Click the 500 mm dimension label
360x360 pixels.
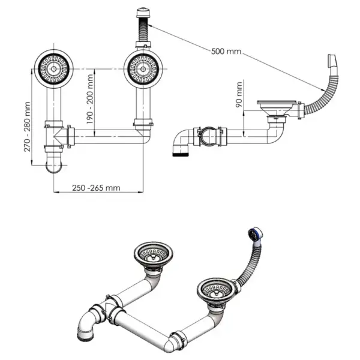coord(226,51)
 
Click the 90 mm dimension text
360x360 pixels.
coord(240,95)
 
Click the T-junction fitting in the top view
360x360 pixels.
coord(57,133)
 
